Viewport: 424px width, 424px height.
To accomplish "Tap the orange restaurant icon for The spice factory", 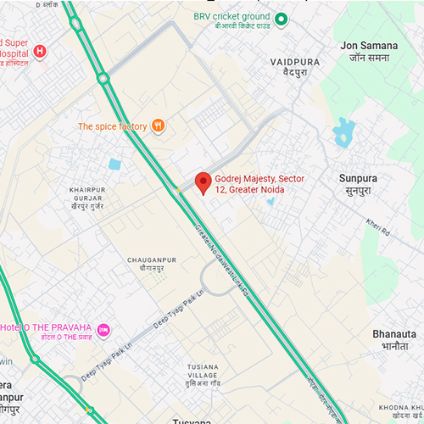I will pos(158,126).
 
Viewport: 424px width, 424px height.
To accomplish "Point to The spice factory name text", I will pos(112,126).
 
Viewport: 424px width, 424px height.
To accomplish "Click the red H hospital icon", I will pos(39,52).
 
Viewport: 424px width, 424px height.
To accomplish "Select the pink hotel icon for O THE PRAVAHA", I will pos(103,329).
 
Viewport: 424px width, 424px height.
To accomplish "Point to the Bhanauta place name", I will pos(393,340).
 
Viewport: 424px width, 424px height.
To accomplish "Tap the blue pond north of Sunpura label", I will pos(343,131).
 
